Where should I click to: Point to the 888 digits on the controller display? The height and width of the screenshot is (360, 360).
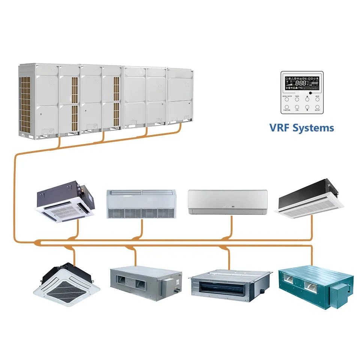(300, 82)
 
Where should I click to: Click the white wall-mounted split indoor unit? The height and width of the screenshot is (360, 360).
(227, 202)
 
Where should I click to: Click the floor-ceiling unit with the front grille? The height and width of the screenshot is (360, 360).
(141, 204)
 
